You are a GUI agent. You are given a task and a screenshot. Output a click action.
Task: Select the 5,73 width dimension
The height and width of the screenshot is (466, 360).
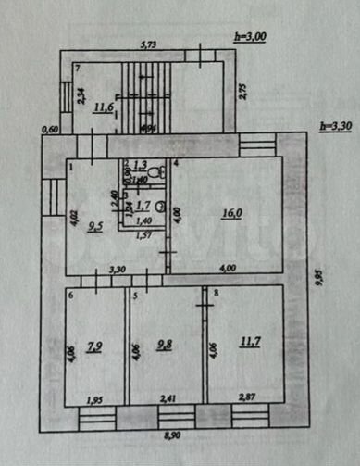150,44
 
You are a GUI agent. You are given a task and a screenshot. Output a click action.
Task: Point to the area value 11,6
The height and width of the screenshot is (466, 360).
103,108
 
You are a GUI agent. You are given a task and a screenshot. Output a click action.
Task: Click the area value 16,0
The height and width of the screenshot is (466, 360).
230,212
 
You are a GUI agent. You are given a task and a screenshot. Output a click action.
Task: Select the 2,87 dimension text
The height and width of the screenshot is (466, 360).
246,398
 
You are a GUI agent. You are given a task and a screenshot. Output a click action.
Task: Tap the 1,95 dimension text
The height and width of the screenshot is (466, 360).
94,399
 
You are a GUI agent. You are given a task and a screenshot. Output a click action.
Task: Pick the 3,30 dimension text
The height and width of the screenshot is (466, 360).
118,270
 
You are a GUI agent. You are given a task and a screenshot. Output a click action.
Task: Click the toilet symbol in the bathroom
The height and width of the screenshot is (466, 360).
158,172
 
